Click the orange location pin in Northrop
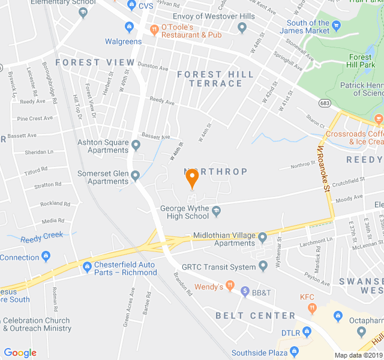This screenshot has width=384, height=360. click(192, 178)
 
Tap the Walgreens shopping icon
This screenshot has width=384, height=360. click(129, 27)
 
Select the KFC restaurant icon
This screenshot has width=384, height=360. click(311, 308)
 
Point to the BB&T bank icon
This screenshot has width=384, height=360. click(245, 292)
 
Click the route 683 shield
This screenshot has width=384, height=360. click(325, 103)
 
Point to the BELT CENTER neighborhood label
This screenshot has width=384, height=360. click(256, 316)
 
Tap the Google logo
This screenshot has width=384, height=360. click(20, 353)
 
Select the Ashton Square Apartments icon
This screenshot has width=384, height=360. click(136, 145)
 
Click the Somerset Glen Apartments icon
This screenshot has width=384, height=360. click(136, 176)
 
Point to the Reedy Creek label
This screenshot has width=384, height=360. click(41, 235)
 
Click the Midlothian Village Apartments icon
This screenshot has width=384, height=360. click(262, 238)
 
